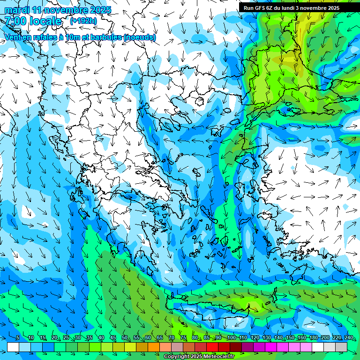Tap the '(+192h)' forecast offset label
click(x=83, y=21)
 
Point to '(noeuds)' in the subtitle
click(x=140, y=37)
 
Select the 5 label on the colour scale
click(x=17, y=338)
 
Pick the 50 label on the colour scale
click(x=125, y=338)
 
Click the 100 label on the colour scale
click(x=231, y=338)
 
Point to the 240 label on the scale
click(x=348, y=338)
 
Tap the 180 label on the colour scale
click(x=313, y=338)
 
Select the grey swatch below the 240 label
click(x=341, y=347)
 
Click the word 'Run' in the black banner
click(x=248, y=8)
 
